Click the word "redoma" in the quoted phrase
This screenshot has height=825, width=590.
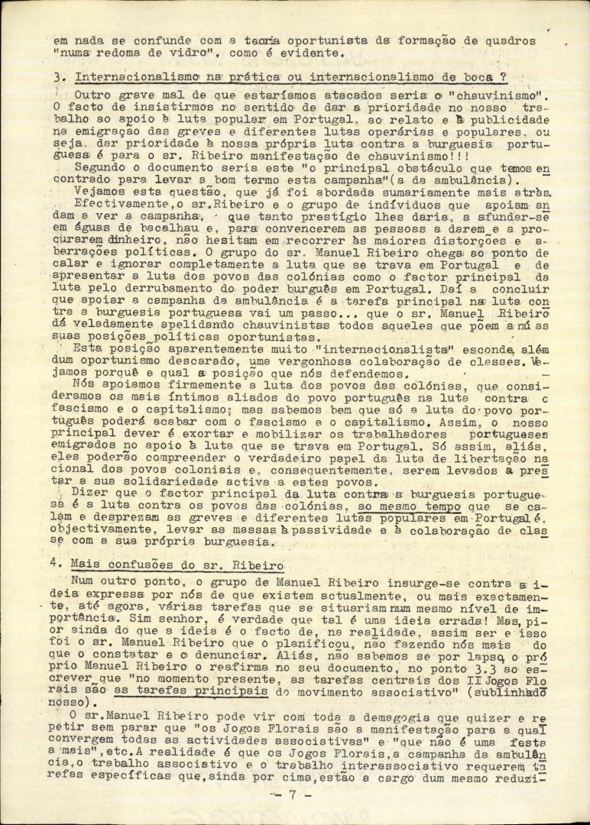tap(138, 53)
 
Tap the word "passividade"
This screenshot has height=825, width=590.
tap(398, 531)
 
